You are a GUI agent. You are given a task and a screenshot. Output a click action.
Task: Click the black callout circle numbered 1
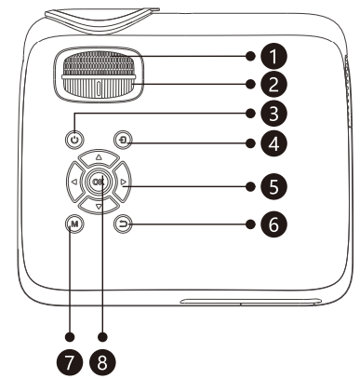coord(273,56)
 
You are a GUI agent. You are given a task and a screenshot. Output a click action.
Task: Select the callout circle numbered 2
coord(273,84)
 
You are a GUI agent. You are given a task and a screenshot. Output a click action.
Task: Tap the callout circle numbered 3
coord(273,114)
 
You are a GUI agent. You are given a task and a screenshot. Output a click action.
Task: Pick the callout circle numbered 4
coord(273,143)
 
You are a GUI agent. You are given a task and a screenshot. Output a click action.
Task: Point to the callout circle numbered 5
coord(273,186)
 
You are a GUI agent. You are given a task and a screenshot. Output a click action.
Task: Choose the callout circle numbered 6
coord(273,224)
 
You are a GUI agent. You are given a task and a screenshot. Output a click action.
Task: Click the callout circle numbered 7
coord(70,362)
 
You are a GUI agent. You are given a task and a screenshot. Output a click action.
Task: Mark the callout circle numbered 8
coord(102,362)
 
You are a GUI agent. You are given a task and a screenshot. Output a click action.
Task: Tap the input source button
coord(123,141)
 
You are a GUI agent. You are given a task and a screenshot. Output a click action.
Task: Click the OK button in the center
coord(99,183)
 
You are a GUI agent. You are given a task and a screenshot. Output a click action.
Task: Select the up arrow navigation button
coord(99,158)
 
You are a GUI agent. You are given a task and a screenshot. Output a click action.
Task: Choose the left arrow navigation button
coord(75,183)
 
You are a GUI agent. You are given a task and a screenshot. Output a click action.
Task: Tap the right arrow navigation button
coord(122,183)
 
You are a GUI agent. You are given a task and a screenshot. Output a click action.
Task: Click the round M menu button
coord(74,223)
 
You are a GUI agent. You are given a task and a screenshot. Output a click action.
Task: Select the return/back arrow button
coord(123,223)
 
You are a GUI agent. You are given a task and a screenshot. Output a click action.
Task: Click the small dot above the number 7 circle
coord(70,336)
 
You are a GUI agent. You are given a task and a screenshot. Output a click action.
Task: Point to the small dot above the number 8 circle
coord(102,336)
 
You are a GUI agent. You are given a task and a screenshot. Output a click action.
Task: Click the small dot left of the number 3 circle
coord(250,114)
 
